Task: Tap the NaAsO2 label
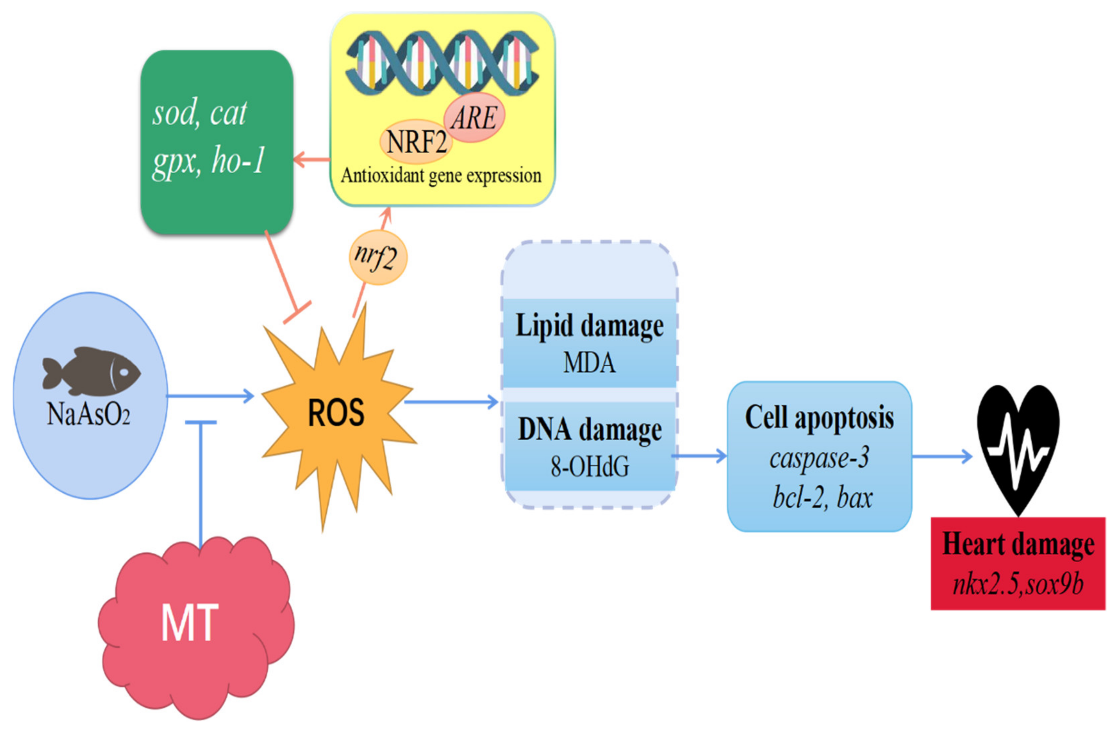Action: pyautogui.click(x=88, y=415)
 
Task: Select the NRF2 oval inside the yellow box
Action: pyautogui.click(x=416, y=141)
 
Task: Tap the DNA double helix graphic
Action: pyautogui.click(x=442, y=61)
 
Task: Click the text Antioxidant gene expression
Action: pyautogui.click(x=441, y=176)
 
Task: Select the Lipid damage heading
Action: pyautogui.click(x=589, y=326)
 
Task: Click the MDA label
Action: pyautogui.click(x=589, y=363)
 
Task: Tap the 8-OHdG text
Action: pyautogui.click(x=590, y=467)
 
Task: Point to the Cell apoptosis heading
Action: pyautogui.click(x=819, y=418)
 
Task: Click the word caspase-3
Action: pyautogui.click(x=819, y=457)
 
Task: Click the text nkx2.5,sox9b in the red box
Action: pyautogui.click(x=1018, y=585)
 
